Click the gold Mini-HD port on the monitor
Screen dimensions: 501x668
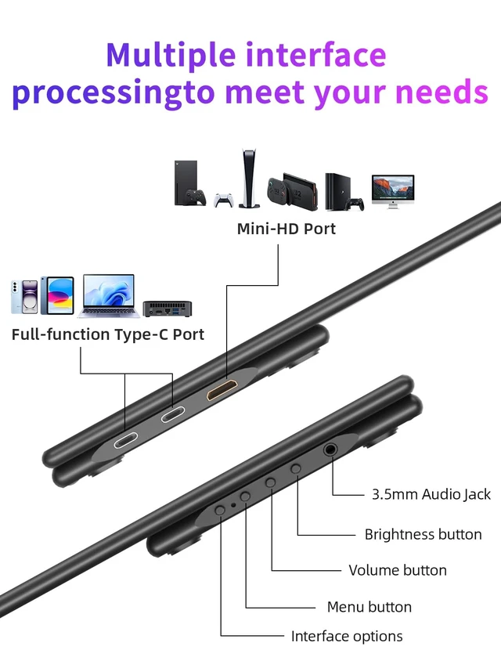[x=222, y=389]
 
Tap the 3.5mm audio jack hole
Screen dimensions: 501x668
[x=330, y=449]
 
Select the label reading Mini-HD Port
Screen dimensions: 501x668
[x=287, y=229]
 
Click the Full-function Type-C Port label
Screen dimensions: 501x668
[x=108, y=335]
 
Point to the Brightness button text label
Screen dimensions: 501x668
[x=423, y=534]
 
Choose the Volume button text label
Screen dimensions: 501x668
[x=398, y=570]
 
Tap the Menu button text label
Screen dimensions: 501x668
[x=369, y=607]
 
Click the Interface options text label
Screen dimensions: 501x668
[x=347, y=637]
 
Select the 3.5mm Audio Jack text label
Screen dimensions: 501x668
[x=431, y=494]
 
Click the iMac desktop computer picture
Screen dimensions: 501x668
[x=393, y=191]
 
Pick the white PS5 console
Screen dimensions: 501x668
[x=249, y=178]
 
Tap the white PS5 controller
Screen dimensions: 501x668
[x=224, y=200]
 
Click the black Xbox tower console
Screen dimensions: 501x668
[x=186, y=182]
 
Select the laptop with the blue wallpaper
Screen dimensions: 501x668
[x=109, y=296]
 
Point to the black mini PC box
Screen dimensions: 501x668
[x=168, y=309]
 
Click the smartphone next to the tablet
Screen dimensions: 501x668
[x=25, y=297]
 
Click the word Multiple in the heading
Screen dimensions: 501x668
[x=171, y=56]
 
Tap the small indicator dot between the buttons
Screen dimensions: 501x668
[x=233, y=505]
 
